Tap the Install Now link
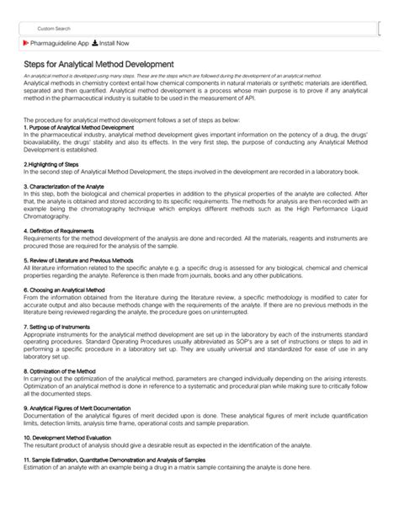click(114, 43)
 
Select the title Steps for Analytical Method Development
click(98, 64)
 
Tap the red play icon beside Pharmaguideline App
click(26, 43)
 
